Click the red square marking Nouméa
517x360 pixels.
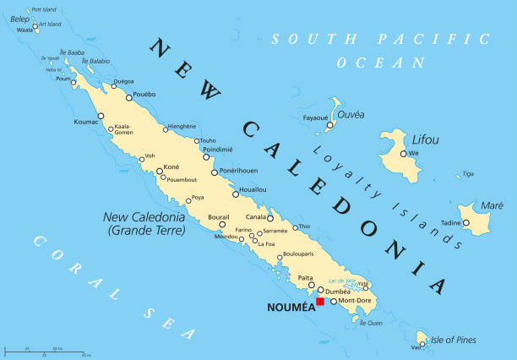click(x=320, y=302)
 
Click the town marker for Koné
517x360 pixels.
click(x=159, y=171)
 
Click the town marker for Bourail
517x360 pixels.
click(x=222, y=225)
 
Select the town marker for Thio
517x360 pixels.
click(x=296, y=226)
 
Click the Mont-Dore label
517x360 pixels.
click(x=355, y=301)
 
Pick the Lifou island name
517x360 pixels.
click(x=425, y=139)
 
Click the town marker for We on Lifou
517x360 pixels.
click(x=404, y=154)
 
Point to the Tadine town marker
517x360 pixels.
click(x=464, y=222)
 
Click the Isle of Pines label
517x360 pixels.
click(x=454, y=340)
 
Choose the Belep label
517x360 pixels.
click(x=19, y=19)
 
